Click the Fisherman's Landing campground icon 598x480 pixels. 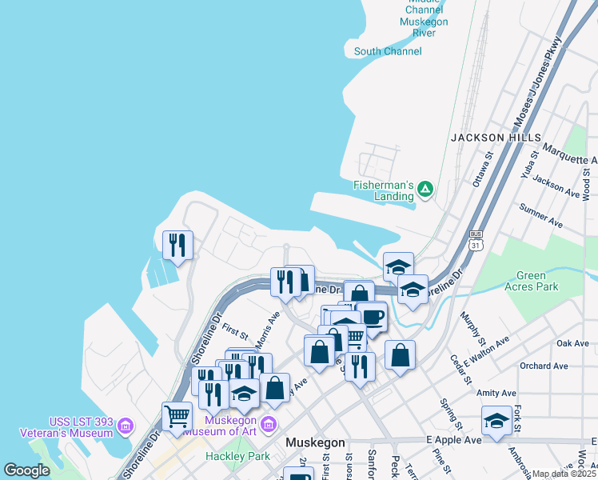(426, 189)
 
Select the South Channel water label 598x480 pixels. (388, 52)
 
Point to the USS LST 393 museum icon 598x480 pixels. (125, 426)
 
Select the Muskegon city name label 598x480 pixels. (316, 442)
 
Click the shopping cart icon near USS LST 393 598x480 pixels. (177, 416)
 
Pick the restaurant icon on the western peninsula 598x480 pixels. (177, 244)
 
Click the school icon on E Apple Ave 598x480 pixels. (496, 421)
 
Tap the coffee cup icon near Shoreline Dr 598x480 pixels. (373, 317)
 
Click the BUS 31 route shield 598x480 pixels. (476, 239)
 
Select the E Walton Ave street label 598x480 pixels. (489, 349)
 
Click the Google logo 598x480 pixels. (27, 470)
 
